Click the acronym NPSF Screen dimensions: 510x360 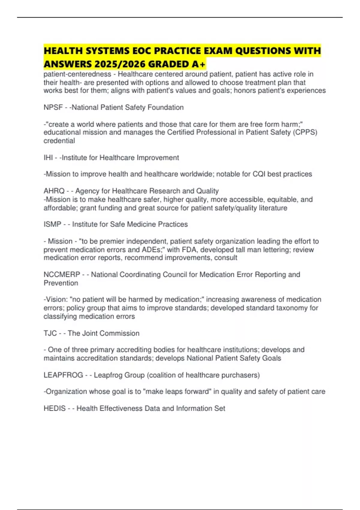[53, 107]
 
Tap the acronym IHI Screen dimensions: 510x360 [48, 158]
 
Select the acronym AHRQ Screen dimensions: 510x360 [54, 191]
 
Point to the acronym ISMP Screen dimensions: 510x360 [52, 224]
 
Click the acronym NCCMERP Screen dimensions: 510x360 [62, 274]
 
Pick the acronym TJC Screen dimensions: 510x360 [50, 333]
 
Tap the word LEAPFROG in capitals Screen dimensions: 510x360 [63, 375]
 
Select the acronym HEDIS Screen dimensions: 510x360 [55, 408]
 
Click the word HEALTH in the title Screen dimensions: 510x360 [63, 51]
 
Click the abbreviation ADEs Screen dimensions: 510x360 [150, 250]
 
